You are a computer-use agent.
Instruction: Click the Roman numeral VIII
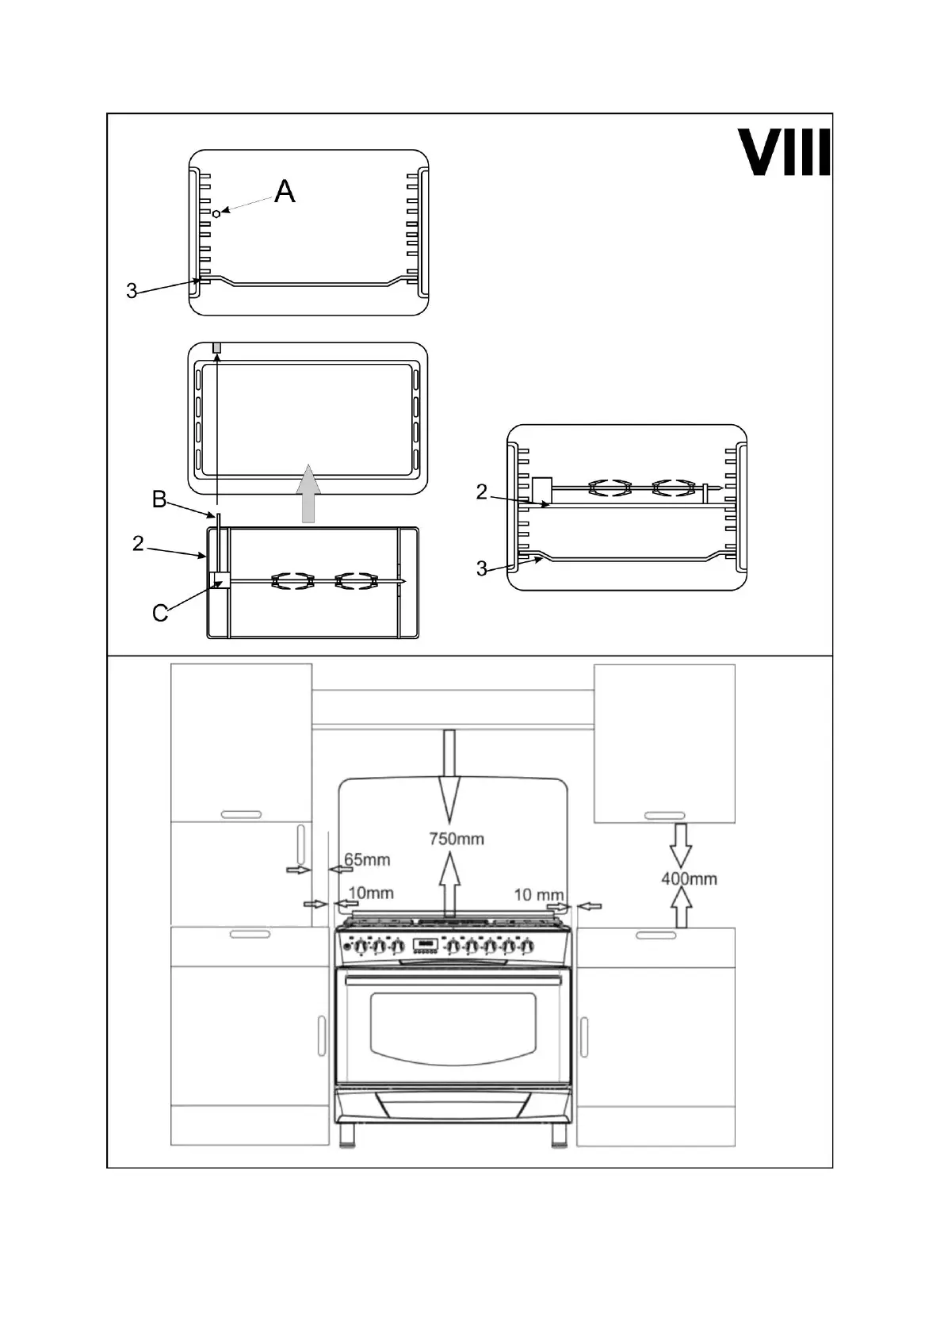tap(784, 152)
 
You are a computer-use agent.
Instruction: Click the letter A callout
tap(285, 191)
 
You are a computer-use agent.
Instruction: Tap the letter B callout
tap(159, 499)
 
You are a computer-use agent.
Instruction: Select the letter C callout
tap(160, 613)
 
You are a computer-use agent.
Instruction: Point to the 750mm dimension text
tap(457, 839)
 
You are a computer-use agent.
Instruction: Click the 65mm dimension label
tap(367, 859)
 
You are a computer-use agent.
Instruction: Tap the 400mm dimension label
tap(689, 878)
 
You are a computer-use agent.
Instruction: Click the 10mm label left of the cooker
tap(371, 893)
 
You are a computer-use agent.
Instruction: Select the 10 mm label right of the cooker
tap(539, 894)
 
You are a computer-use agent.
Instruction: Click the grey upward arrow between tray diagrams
tap(308, 493)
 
